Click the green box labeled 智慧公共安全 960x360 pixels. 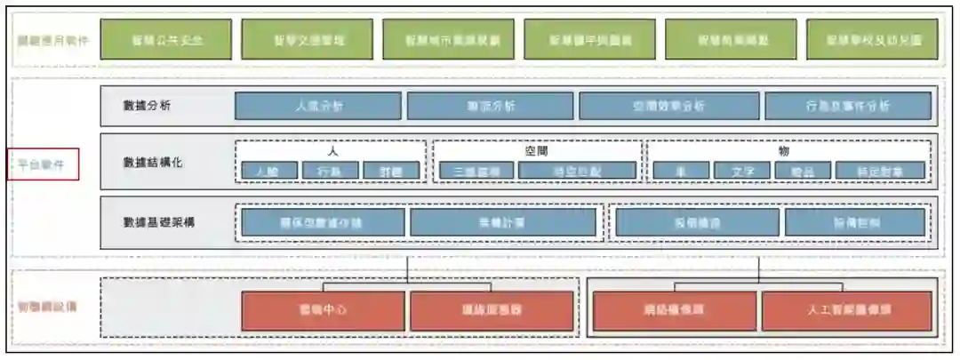click(x=166, y=40)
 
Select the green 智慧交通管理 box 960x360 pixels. click(x=307, y=40)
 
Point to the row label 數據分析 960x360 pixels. click(x=148, y=106)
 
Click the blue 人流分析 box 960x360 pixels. click(x=318, y=106)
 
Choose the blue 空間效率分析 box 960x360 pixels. click(x=668, y=106)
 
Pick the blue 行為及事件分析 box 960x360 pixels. click(x=847, y=106)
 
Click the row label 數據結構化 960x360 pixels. click(x=154, y=163)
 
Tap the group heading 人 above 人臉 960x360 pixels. click(x=332, y=151)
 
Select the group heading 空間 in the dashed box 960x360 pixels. click(x=538, y=151)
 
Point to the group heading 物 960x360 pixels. click(x=783, y=151)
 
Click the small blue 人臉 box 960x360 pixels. click(x=269, y=171)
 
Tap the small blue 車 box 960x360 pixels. click(x=681, y=171)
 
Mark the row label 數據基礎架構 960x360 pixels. click(x=159, y=221)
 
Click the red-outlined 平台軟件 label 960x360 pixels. click(x=42, y=164)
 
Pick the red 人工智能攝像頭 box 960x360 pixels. click(x=846, y=310)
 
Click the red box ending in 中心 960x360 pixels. click(x=322, y=310)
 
